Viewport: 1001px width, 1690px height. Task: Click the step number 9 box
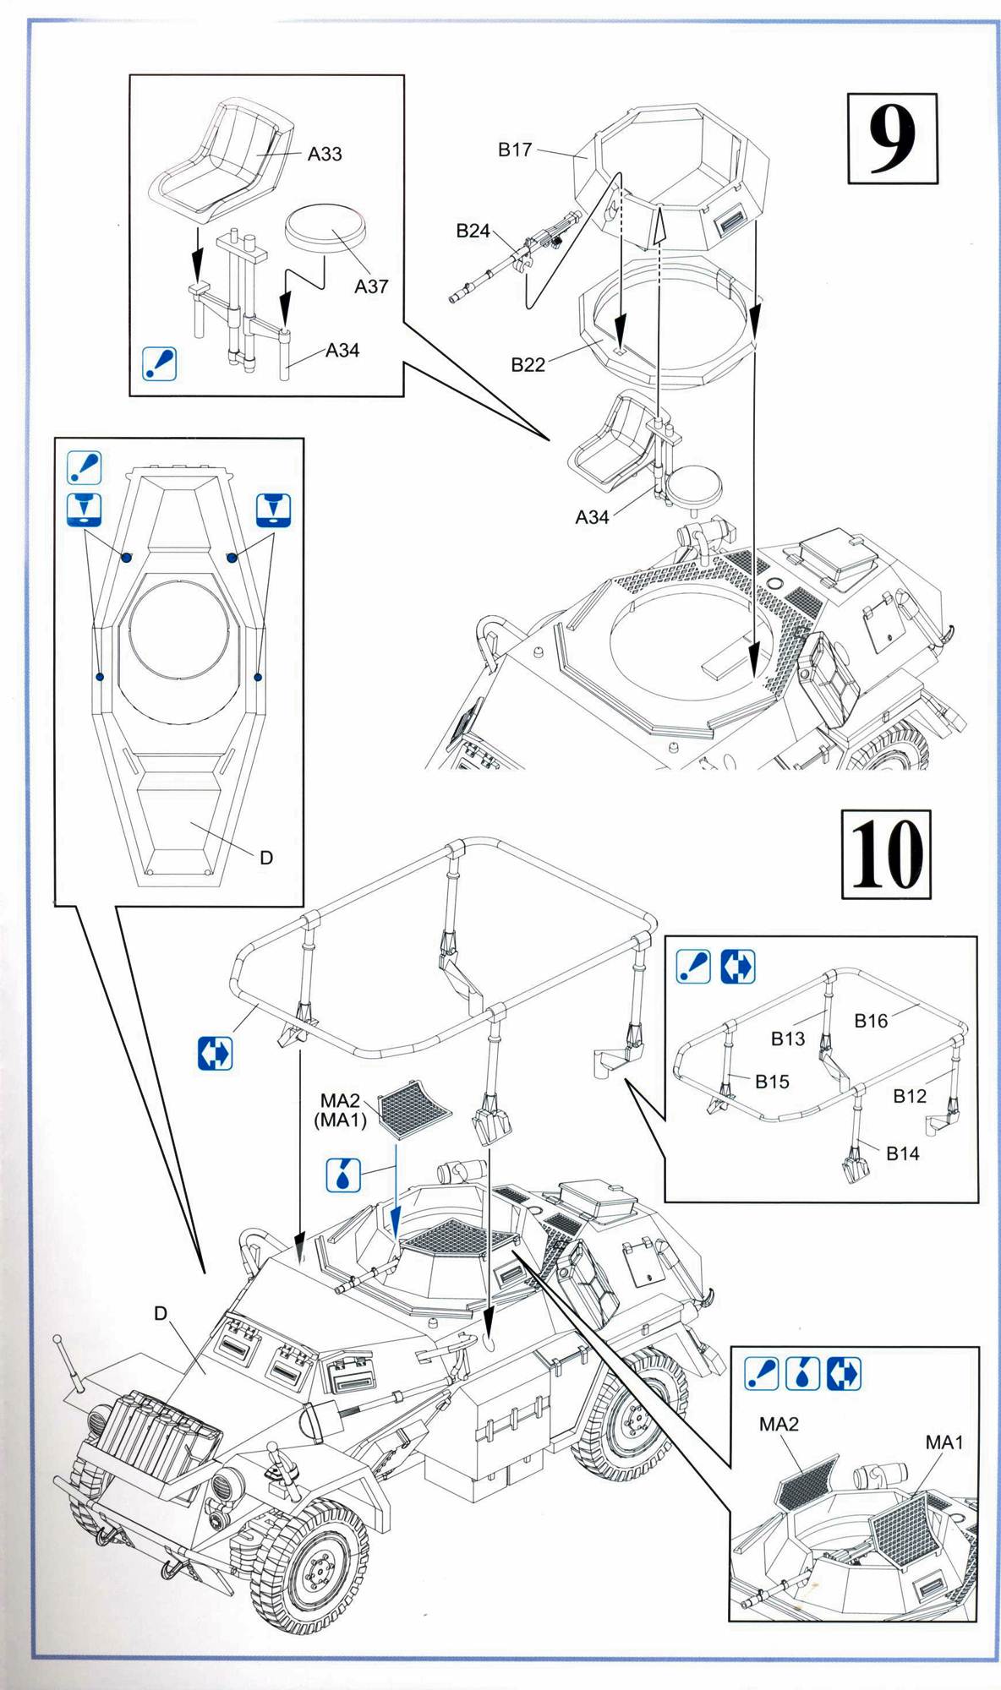(x=892, y=139)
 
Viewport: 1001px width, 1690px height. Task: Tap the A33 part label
(x=325, y=154)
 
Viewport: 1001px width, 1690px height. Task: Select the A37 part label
(x=371, y=286)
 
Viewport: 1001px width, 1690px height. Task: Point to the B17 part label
(x=514, y=150)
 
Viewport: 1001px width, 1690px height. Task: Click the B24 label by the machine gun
(x=473, y=230)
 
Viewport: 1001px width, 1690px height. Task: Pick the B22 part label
(x=528, y=365)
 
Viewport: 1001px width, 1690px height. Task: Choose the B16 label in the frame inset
(x=871, y=1021)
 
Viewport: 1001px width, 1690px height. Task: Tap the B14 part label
(x=903, y=1153)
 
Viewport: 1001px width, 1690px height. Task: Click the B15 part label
(x=772, y=1082)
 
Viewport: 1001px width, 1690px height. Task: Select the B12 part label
(x=910, y=1096)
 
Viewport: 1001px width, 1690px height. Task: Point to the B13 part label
(x=787, y=1039)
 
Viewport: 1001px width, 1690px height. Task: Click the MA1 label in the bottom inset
(x=944, y=1442)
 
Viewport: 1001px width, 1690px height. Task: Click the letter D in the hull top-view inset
(x=266, y=858)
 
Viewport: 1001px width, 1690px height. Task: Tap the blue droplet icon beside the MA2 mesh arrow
(x=343, y=1175)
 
